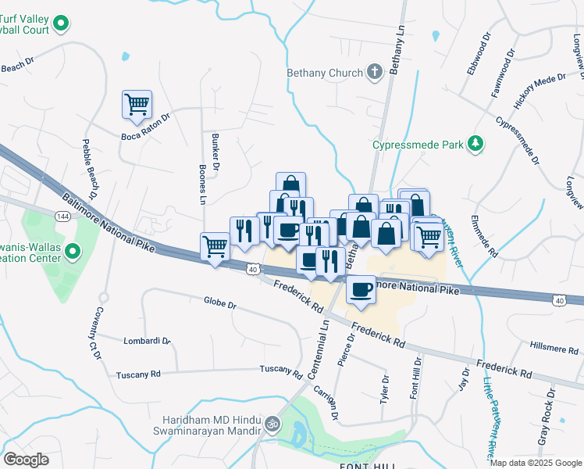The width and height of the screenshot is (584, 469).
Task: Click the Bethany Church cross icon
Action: coord(375,73)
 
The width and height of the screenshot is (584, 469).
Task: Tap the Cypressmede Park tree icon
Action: coord(474,144)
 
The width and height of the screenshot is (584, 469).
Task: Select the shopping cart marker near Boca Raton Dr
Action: coord(137,104)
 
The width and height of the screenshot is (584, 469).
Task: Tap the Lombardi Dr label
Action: coord(146,341)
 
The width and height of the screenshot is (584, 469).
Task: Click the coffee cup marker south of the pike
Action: coord(361,290)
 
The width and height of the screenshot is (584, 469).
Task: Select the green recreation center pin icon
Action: coord(73,252)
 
